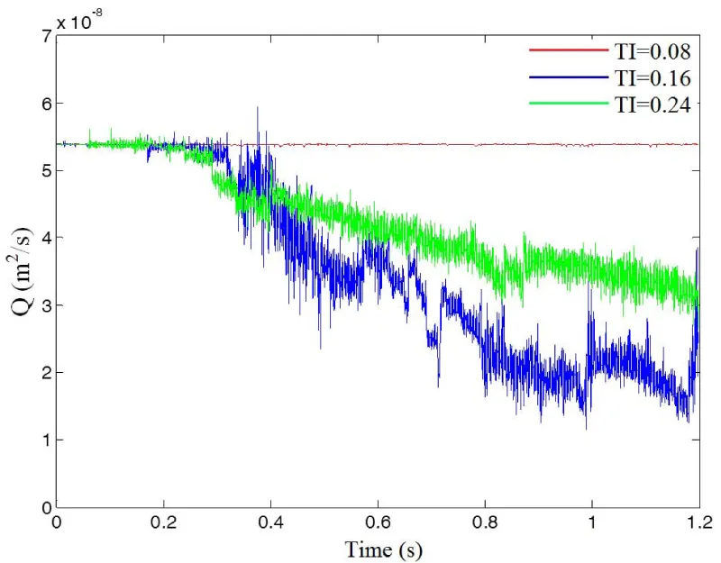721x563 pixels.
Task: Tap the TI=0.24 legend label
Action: tap(651, 105)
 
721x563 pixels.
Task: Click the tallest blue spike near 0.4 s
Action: tap(258, 109)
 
